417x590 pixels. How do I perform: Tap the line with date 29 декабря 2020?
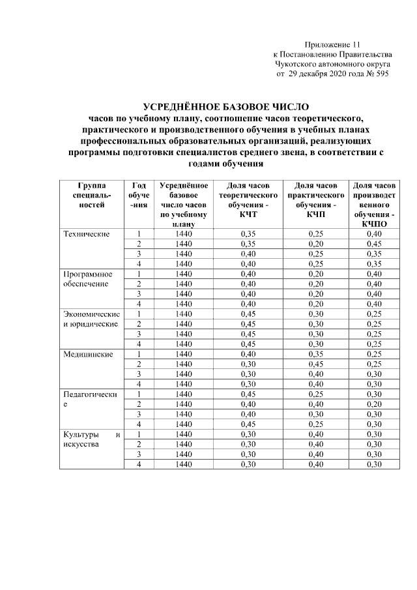click(x=332, y=74)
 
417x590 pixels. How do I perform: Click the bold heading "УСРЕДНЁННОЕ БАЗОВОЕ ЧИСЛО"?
click(x=225, y=106)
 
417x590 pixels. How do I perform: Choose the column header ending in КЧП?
click(x=315, y=200)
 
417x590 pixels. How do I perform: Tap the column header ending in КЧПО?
click(x=374, y=205)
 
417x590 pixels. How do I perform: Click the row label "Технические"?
click(x=85, y=234)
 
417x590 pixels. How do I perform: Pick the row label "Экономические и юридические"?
click(x=91, y=319)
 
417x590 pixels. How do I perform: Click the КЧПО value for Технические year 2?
click(x=374, y=244)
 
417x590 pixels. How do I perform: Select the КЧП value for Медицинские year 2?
click(x=315, y=364)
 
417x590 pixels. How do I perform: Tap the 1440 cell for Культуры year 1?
click(x=184, y=434)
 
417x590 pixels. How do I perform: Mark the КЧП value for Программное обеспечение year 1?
click(x=315, y=274)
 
